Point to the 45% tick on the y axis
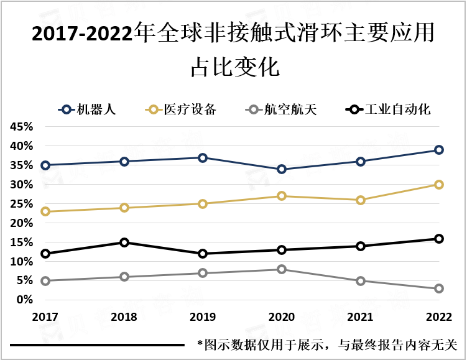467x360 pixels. click(21, 127)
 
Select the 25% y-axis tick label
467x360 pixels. click(21, 204)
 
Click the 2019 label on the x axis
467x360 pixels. click(203, 317)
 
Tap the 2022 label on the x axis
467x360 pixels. click(438, 317)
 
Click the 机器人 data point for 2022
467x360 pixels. click(438, 150)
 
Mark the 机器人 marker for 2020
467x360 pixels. click(282, 169)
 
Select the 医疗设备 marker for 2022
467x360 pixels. click(438, 185)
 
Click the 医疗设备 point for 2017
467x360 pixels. click(45, 211)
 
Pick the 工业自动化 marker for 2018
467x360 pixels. click(124, 242)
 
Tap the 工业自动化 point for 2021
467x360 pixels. click(360, 246)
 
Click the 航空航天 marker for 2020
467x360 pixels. click(282, 269)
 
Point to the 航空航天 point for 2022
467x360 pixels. click(438, 288)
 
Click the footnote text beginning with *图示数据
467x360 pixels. click(327, 344)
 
